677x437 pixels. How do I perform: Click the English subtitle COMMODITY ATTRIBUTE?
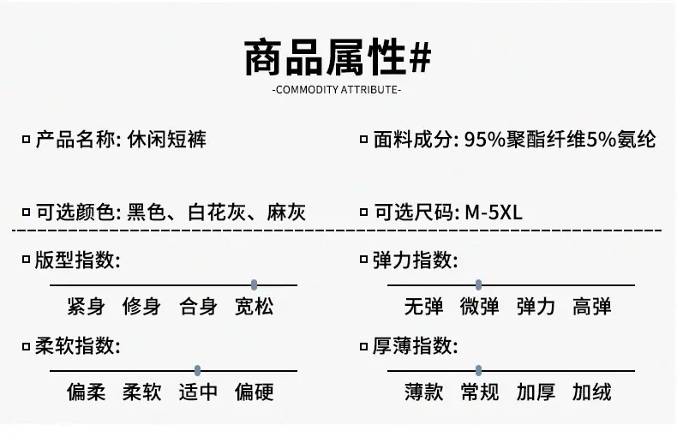(x=337, y=90)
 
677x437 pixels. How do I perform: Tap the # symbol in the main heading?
(x=420, y=57)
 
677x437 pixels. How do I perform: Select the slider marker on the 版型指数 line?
(x=254, y=285)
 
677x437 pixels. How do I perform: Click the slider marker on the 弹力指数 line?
(x=478, y=285)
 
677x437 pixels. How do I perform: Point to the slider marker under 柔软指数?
(x=197, y=370)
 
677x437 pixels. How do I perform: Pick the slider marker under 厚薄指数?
(x=478, y=370)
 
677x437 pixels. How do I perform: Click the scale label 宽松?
(x=254, y=307)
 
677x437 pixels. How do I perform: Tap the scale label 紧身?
(x=86, y=307)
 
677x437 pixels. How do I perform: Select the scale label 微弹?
(x=479, y=307)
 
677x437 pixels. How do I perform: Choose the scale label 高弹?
(x=591, y=307)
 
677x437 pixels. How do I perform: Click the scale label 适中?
(x=198, y=392)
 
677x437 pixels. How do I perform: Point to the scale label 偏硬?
(x=254, y=392)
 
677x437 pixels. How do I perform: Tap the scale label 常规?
(x=479, y=392)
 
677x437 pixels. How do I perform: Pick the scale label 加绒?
(x=591, y=392)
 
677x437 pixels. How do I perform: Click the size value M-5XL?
(x=494, y=213)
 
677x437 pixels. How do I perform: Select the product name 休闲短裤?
(x=166, y=140)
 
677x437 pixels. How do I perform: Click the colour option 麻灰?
(x=286, y=213)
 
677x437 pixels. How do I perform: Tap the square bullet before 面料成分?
(x=363, y=140)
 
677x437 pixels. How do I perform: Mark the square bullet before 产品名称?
(x=26, y=140)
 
